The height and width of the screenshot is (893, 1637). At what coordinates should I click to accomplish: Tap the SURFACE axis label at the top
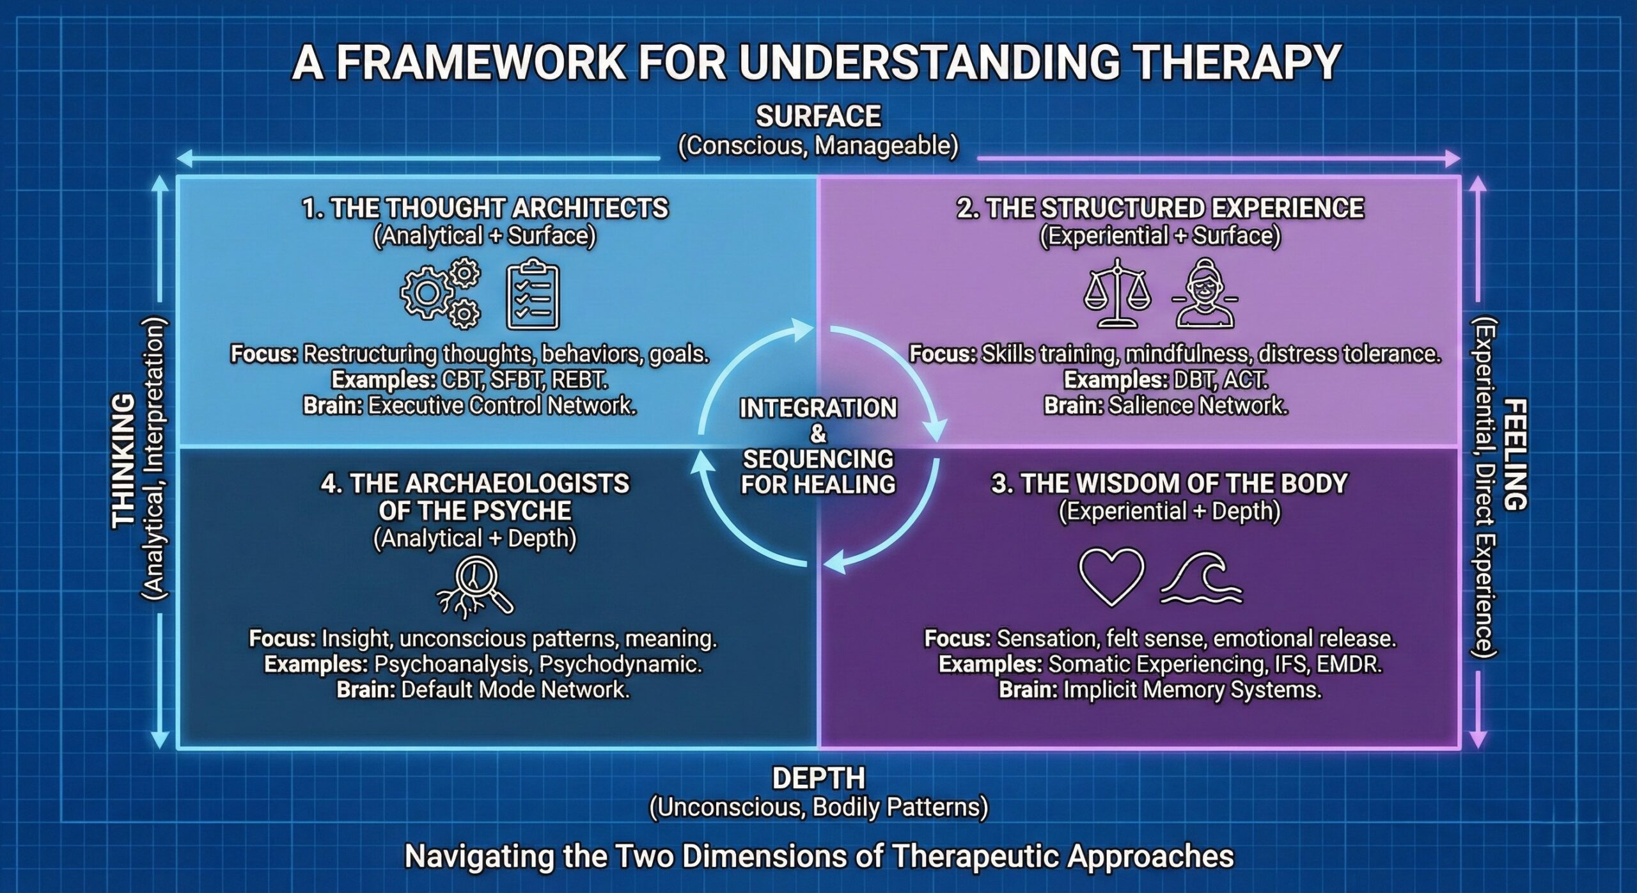[x=818, y=116]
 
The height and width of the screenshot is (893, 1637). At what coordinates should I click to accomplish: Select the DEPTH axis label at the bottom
[x=818, y=778]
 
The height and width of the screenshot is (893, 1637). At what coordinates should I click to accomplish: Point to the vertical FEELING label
[x=1514, y=454]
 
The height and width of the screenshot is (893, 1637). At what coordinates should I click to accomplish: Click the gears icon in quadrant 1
[x=441, y=294]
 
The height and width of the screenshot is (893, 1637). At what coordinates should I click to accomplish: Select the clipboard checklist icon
[x=533, y=295]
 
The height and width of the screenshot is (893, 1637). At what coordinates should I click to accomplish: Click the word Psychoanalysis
[x=451, y=664]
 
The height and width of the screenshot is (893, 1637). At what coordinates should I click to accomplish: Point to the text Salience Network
[x=1198, y=406]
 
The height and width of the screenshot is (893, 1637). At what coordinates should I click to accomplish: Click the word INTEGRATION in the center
[x=818, y=408]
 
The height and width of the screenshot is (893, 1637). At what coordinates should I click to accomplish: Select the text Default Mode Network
[x=515, y=690]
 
